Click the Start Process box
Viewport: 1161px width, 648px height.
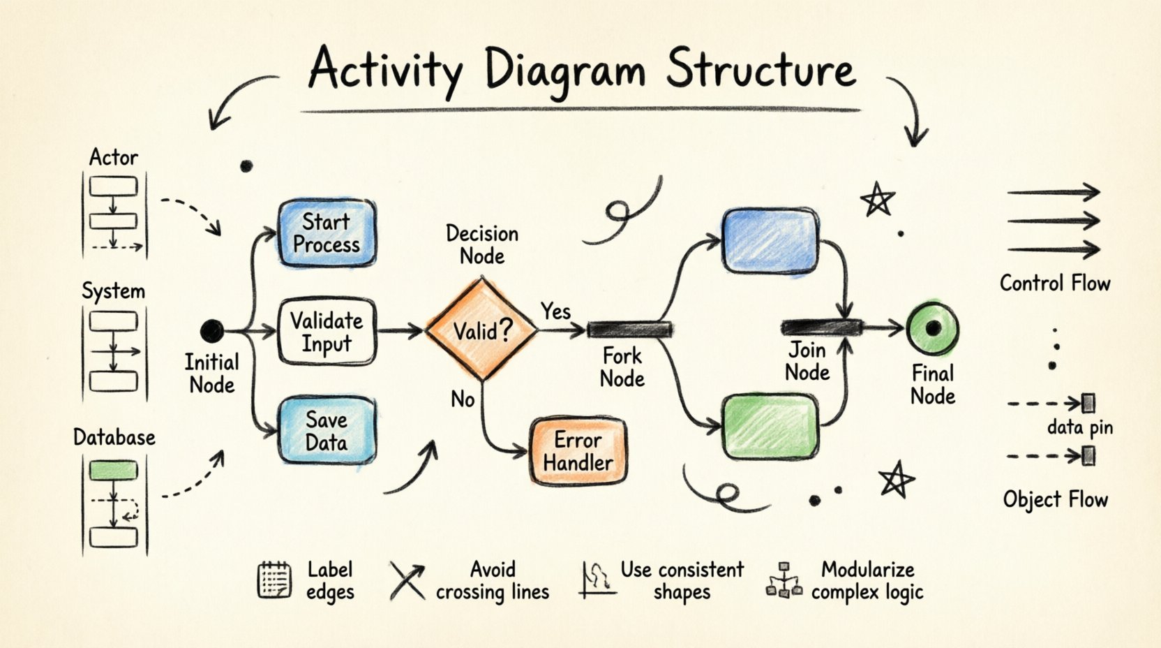(x=327, y=233)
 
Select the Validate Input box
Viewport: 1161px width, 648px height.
(x=327, y=332)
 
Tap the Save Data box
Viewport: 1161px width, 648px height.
(x=327, y=431)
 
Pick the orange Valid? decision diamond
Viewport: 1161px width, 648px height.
(x=482, y=330)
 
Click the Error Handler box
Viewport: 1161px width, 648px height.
(x=578, y=451)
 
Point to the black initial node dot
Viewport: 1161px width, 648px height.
(x=212, y=330)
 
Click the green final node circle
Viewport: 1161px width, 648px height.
(x=933, y=328)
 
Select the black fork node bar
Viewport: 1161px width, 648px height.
(x=629, y=330)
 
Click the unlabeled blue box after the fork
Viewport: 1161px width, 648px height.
(x=770, y=240)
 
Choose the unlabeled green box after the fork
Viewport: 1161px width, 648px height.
(x=770, y=426)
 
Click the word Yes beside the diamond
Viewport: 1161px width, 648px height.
(x=555, y=311)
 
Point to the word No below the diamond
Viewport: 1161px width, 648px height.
(x=463, y=399)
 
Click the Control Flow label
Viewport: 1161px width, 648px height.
(x=1054, y=283)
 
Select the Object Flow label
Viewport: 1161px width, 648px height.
(x=1055, y=499)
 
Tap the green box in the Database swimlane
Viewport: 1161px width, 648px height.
(x=114, y=470)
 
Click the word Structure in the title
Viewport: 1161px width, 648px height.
(x=761, y=70)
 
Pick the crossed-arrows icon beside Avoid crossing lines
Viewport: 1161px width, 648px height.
(x=407, y=581)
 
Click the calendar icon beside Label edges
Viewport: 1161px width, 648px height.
(x=274, y=580)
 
